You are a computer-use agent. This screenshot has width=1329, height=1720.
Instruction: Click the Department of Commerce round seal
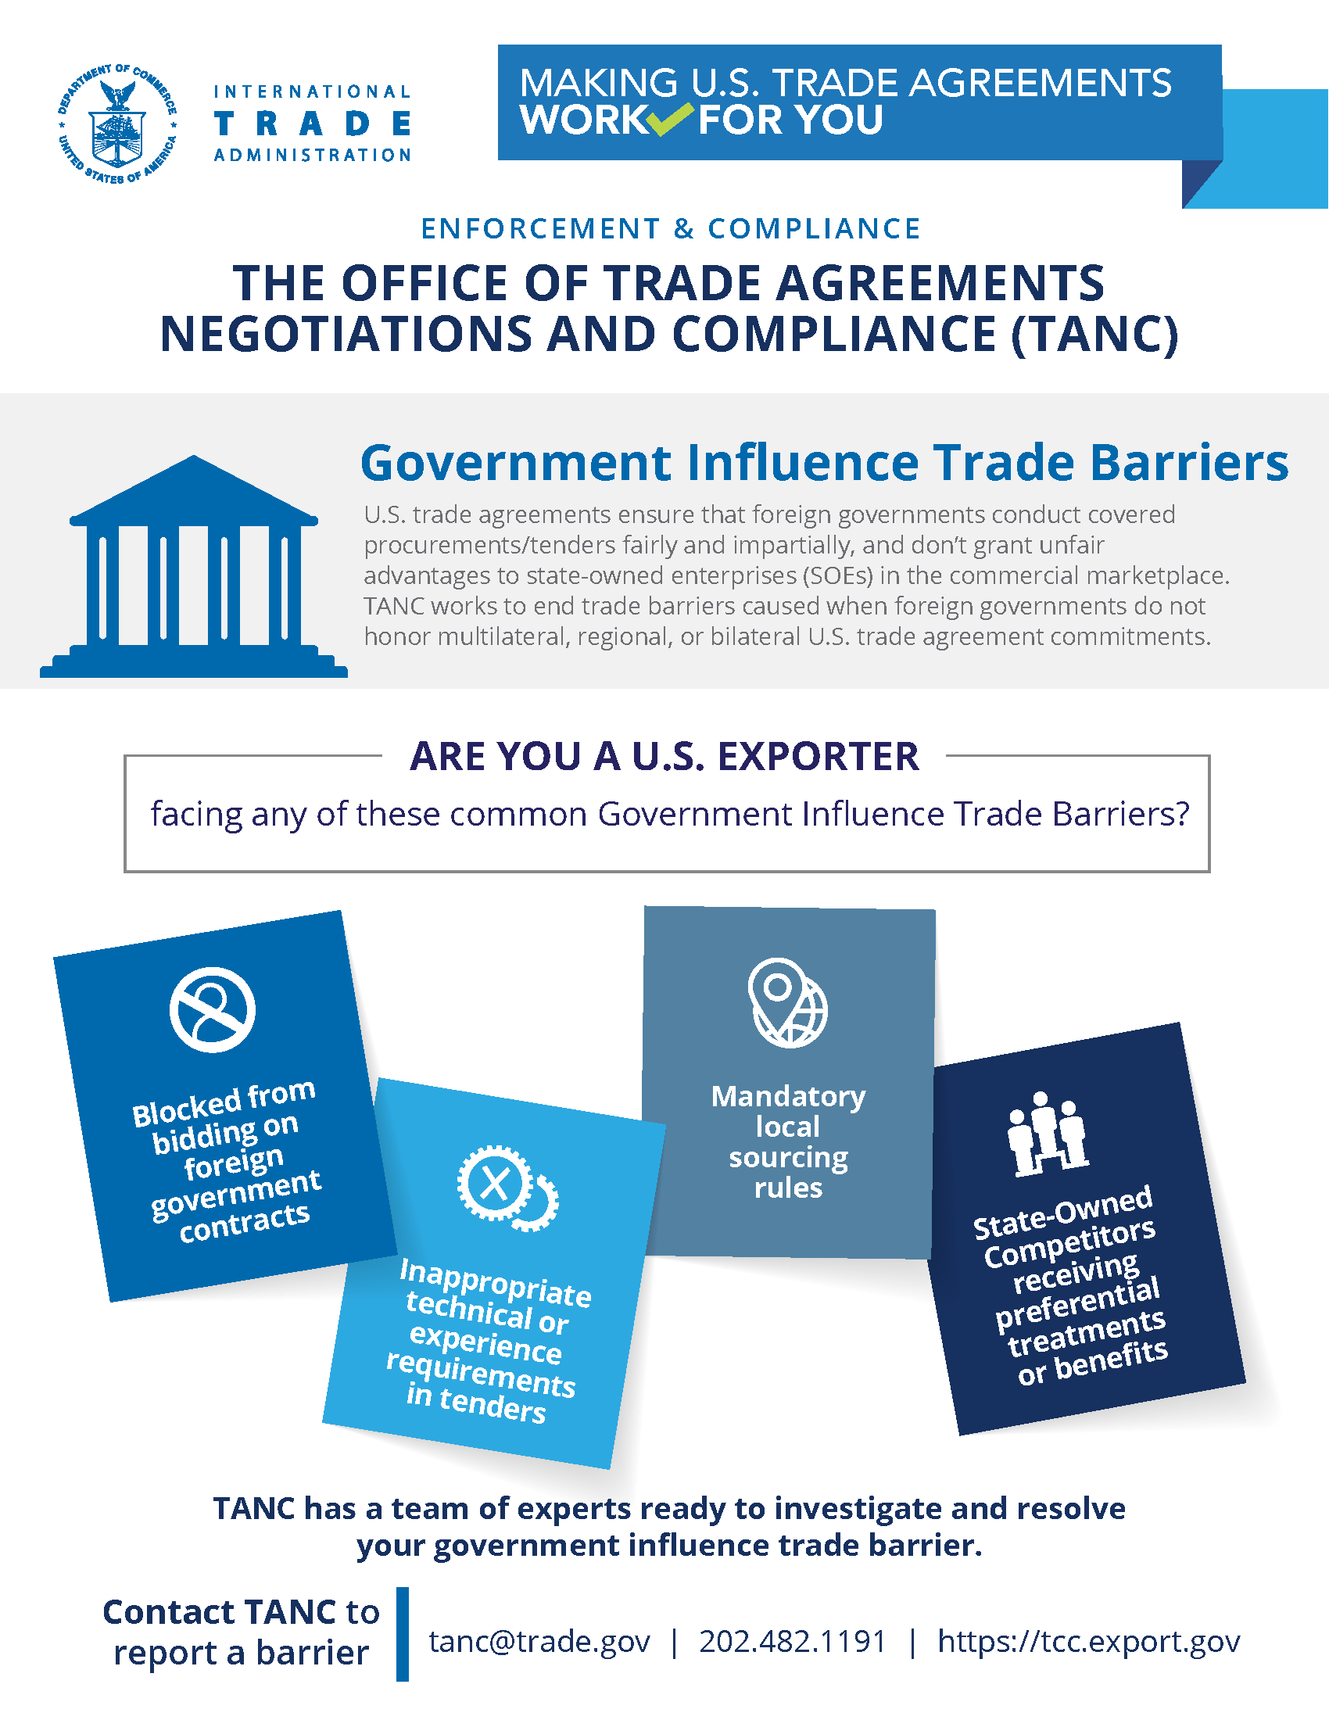point(117,124)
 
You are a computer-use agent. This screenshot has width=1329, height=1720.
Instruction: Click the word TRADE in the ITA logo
point(313,124)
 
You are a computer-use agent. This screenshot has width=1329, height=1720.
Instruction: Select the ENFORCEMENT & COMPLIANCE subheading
point(671,228)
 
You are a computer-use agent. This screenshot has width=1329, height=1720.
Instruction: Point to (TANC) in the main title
point(1094,334)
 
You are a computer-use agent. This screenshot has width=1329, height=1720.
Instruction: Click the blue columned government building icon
point(194,567)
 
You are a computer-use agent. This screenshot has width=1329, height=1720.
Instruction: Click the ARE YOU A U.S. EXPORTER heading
point(664,756)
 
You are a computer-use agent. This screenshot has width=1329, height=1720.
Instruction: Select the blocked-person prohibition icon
point(213,1009)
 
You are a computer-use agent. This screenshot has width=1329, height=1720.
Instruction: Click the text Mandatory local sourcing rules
point(788,1141)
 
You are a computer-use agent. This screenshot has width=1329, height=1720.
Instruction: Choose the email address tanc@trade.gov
point(539,1641)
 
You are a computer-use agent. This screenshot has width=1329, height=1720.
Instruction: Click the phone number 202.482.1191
point(793,1641)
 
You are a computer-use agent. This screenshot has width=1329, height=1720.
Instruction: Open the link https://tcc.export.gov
point(1088,1641)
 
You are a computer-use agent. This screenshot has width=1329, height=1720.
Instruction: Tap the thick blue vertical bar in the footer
point(403,1634)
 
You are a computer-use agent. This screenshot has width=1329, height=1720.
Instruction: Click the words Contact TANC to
point(241,1611)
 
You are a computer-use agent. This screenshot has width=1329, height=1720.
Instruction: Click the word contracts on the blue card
point(244,1223)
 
